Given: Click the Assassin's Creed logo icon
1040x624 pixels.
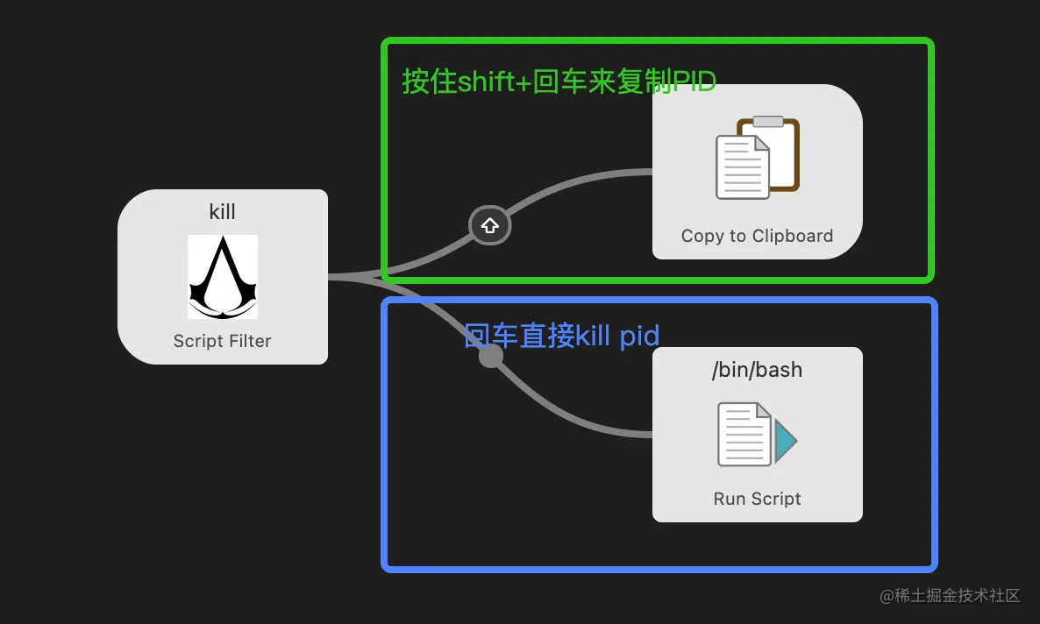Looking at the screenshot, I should (x=223, y=277).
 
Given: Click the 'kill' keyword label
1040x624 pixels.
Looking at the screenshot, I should (x=223, y=212).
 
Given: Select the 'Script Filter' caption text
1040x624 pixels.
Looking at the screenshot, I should (x=223, y=341).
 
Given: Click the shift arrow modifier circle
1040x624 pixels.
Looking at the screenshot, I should (x=490, y=226).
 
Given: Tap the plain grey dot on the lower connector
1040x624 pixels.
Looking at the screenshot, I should (x=491, y=356).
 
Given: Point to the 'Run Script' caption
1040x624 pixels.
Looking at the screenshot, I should (x=758, y=499).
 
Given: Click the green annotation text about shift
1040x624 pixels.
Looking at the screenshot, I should (x=559, y=82).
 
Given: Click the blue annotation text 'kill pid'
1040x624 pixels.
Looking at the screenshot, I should (x=617, y=336).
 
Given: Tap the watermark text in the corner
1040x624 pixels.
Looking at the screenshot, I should (x=951, y=596).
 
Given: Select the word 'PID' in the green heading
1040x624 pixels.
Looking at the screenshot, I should (x=694, y=82).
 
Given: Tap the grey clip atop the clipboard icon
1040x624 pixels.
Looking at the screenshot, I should (x=768, y=122).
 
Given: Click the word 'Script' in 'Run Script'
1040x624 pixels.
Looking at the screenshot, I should (x=776, y=499).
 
